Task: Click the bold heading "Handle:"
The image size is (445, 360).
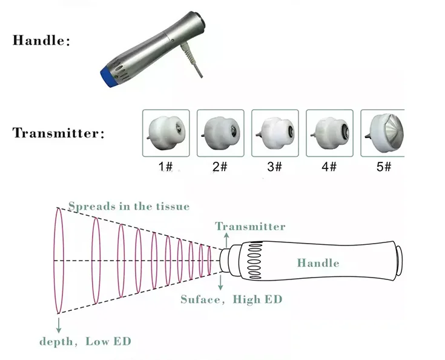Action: [x=42, y=41]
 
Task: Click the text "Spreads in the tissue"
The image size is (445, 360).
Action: [x=128, y=206]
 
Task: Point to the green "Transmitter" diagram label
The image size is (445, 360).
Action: [x=250, y=227]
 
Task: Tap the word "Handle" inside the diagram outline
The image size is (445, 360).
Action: [x=318, y=263]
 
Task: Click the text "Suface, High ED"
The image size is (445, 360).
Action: [x=231, y=299]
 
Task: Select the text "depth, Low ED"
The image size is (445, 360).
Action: [x=85, y=341]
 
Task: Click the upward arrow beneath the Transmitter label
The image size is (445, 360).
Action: [x=222, y=239]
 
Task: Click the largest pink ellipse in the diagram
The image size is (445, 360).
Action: [x=58, y=261]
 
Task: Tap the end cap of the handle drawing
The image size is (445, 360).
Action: [x=398, y=260]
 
